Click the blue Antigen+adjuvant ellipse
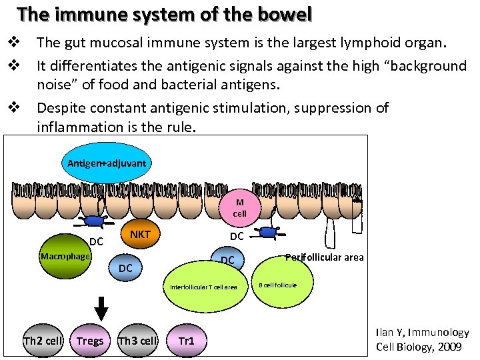click(x=107, y=163)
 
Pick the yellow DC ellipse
click(x=228, y=259)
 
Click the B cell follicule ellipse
click(x=279, y=285)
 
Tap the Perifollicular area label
click(x=325, y=257)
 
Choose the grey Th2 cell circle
click(x=43, y=341)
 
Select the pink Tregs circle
click(x=90, y=341)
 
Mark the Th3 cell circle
click(x=137, y=341)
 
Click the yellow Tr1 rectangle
click(x=187, y=341)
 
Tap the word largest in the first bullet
click(x=275, y=43)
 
